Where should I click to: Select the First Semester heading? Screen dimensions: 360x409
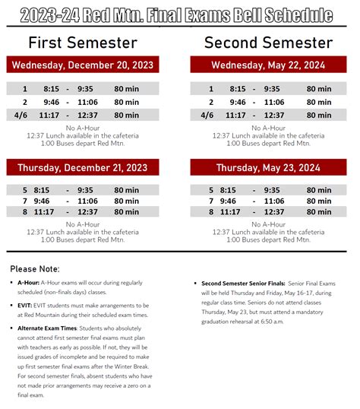tap(83, 43)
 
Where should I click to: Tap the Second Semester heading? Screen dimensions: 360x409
tap(269, 43)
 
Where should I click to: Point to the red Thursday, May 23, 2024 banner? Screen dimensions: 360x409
tap(268, 167)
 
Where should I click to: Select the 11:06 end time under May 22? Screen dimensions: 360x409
tap(274, 102)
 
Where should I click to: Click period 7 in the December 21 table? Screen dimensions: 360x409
tap(24, 201)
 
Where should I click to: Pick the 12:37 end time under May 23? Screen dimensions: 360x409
tap(274, 212)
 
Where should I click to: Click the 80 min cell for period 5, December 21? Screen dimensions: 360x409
tap(126, 190)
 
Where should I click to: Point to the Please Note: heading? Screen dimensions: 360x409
tap(35, 268)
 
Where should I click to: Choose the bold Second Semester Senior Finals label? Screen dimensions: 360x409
tap(245, 282)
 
